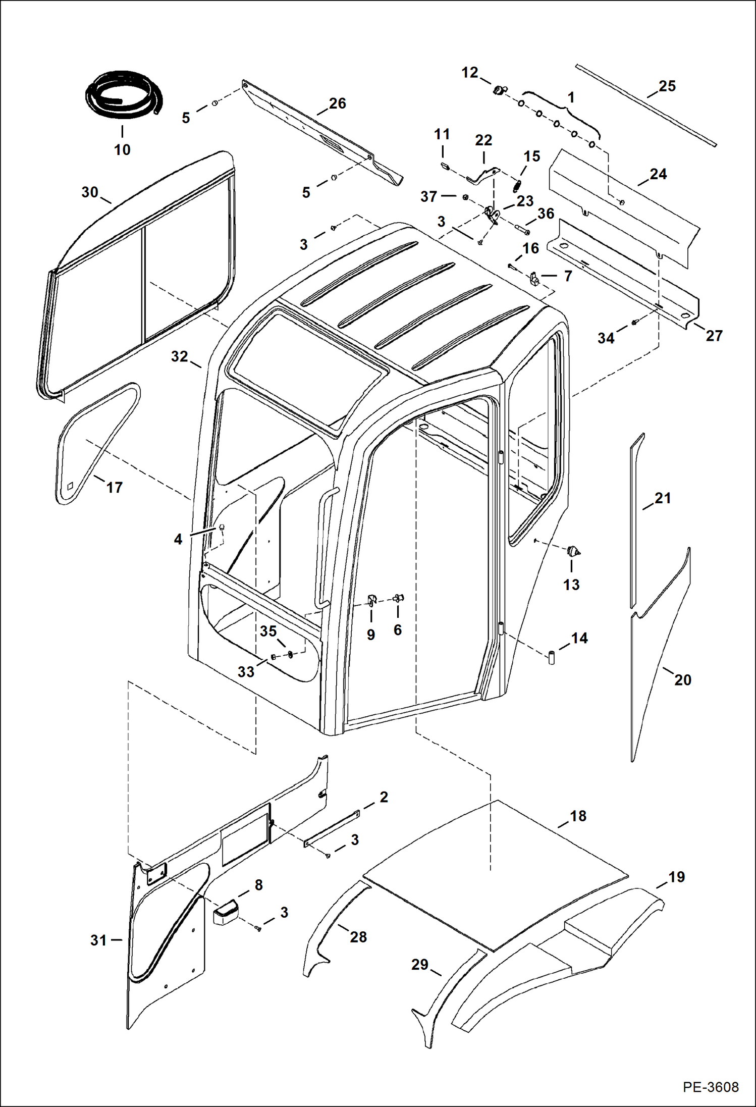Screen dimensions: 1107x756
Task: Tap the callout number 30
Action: (x=89, y=192)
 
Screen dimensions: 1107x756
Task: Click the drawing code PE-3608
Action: (x=711, y=1087)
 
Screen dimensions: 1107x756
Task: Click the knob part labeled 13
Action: (x=572, y=551)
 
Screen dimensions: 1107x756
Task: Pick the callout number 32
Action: (x=179, y=357)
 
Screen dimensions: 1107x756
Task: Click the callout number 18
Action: (x=578, y=816)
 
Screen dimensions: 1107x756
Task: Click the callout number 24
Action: (x=658, y=174)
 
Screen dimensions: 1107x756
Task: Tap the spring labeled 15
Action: (x=516, y=186)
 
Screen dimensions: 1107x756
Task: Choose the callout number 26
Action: (x=337, y=103)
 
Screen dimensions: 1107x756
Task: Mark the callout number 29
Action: (x=419, y=965)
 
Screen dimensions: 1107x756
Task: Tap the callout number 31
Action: (x=98, y=940)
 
